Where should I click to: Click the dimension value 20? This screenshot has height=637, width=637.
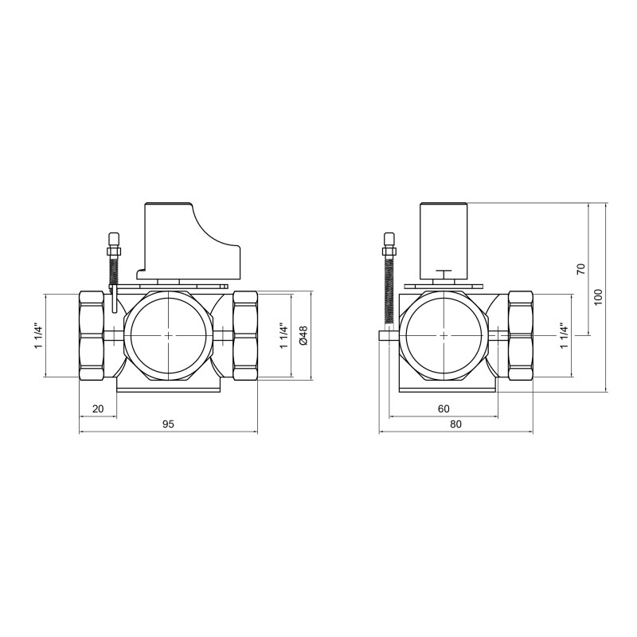click(x=99, y=408)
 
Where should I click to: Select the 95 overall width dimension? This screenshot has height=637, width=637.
click(x=168, y=425)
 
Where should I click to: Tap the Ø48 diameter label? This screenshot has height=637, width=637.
click(x=303, y=336)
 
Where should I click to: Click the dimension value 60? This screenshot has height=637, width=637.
click(x=444, y=408)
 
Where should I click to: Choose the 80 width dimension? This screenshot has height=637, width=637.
click(x=455, y=425)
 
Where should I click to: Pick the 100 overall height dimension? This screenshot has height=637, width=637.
click(x=599, y=296)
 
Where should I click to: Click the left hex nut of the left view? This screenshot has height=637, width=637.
click(x=92, y=336)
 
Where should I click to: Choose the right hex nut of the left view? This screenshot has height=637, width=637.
click(x=244, y=336)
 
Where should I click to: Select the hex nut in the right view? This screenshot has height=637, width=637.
click(x=520, y=336)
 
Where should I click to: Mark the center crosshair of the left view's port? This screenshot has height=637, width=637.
click(x=168, y=336)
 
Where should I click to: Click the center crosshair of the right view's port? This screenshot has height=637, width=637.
click(x=443, y=336)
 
